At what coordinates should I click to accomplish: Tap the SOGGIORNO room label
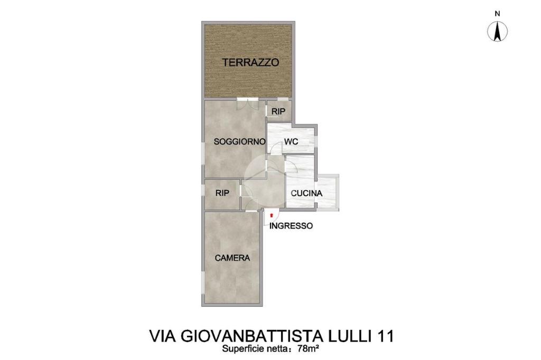239,141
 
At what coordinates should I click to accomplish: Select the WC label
291,141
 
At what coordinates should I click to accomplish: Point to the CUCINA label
306,193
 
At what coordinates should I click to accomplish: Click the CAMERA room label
232,258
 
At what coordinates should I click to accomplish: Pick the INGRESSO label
291,226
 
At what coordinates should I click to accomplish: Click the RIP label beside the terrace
278,112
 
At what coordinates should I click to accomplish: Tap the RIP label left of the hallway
222,193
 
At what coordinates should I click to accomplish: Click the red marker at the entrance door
272,215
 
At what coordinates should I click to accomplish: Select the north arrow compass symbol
497,31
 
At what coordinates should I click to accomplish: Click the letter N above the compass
497,14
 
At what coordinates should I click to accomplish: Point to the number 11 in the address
385,336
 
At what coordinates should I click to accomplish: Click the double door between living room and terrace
247,104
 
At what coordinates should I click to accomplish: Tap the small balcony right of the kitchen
328,192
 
